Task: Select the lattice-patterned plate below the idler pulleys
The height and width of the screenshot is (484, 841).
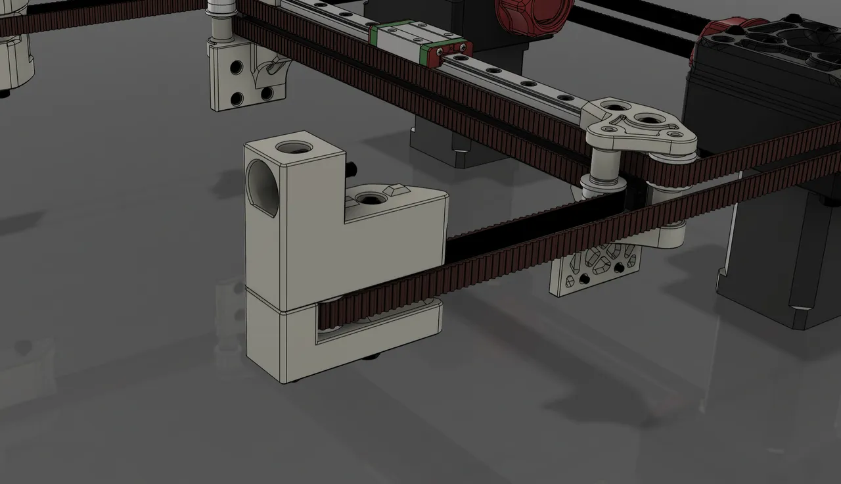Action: (595, 266)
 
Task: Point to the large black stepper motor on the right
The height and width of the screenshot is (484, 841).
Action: (775, 250)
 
